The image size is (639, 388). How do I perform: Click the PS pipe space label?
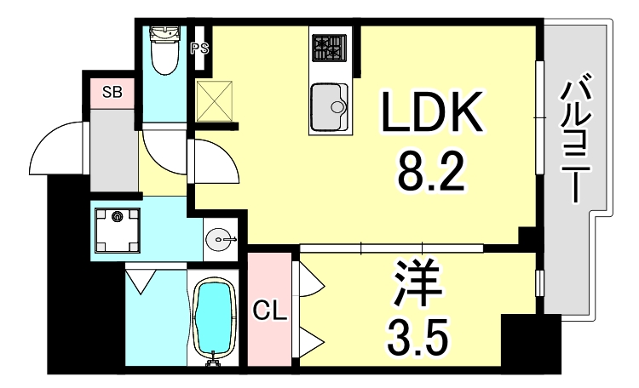click(x=199, y=48)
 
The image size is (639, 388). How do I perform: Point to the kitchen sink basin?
click(x=330, y=108)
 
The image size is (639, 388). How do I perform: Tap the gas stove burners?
click(x=328, y=48)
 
